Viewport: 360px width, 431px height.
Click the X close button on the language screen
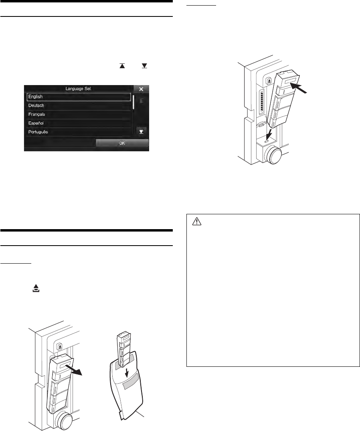click(141, 89)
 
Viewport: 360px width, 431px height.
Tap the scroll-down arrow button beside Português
click(141, 131)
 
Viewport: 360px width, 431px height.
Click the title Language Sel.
click(79, 88)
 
